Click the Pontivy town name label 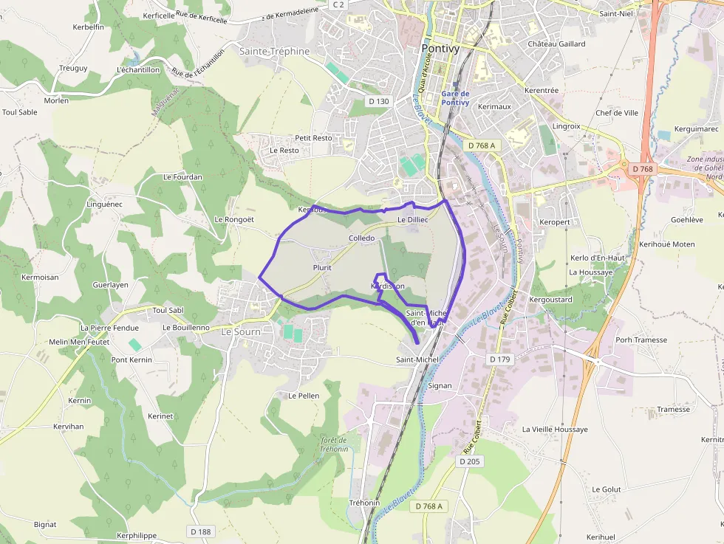point(440,49)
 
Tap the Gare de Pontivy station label point(455,98)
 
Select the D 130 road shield point(378,101)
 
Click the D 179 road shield point(500,359)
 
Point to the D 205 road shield point(469,461)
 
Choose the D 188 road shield point(200,531)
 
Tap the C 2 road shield point(338,4)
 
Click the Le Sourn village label point(241,333)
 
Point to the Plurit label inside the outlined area point(321,268)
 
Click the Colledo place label point(362,238)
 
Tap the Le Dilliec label point(412,220)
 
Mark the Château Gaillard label point(556,44)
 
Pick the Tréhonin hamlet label point(364,503)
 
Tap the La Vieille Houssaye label point(555,429)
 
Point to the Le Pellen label point(304,396)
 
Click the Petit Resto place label point(313,138)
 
